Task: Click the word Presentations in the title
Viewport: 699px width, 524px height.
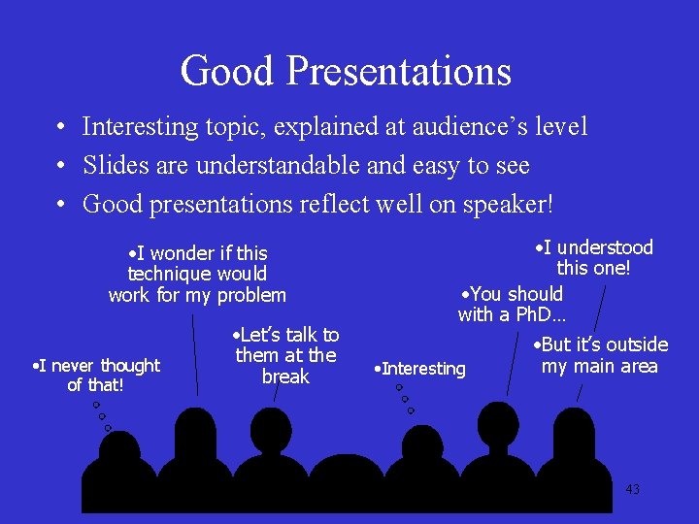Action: (x=400, y=71)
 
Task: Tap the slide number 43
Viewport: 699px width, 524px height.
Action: (x=632, y=489)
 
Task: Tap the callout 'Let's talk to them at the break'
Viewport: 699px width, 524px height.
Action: (x=286, y=355)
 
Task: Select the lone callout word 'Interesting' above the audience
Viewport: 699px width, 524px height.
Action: (x=423, y=369)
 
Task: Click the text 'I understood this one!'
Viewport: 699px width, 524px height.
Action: (x=594, y=257)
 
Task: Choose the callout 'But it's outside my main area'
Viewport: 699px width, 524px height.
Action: (x=600, y=355)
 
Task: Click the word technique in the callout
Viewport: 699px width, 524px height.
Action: (x=171, y=275)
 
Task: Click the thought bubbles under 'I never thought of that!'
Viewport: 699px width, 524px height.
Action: (x=102, y=416)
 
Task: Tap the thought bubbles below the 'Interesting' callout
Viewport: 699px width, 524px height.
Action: (x=404, y=399)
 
